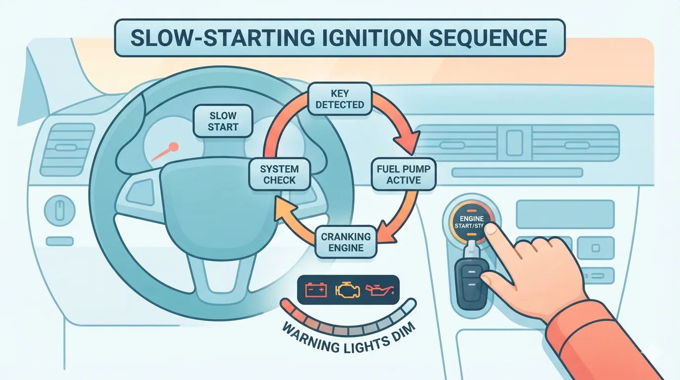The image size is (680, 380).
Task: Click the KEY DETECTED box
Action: pyautogui.click(x=340, y=99)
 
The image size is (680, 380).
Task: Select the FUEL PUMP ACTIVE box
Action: pyautogui.click(x=403, y=174)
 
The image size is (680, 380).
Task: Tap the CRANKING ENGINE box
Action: pyautogui.click(x=346, y=242)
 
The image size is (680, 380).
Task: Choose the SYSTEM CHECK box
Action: pyautogui.click(x=279, y=174)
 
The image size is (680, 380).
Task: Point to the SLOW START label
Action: pyautogui.click(x=223, y=121)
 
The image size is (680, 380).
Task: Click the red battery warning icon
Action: pyautogui.click(x=316, y=289)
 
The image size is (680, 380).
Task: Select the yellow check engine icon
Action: pyautogui.click(x=348, y=289)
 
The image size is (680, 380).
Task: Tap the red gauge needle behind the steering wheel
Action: pyautogui.click(x=166, y=151)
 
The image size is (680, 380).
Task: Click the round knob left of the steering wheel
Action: pyautogui.click(x=59, y=210)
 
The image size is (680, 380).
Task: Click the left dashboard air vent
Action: pyautogui.click(x=67, y=149)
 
